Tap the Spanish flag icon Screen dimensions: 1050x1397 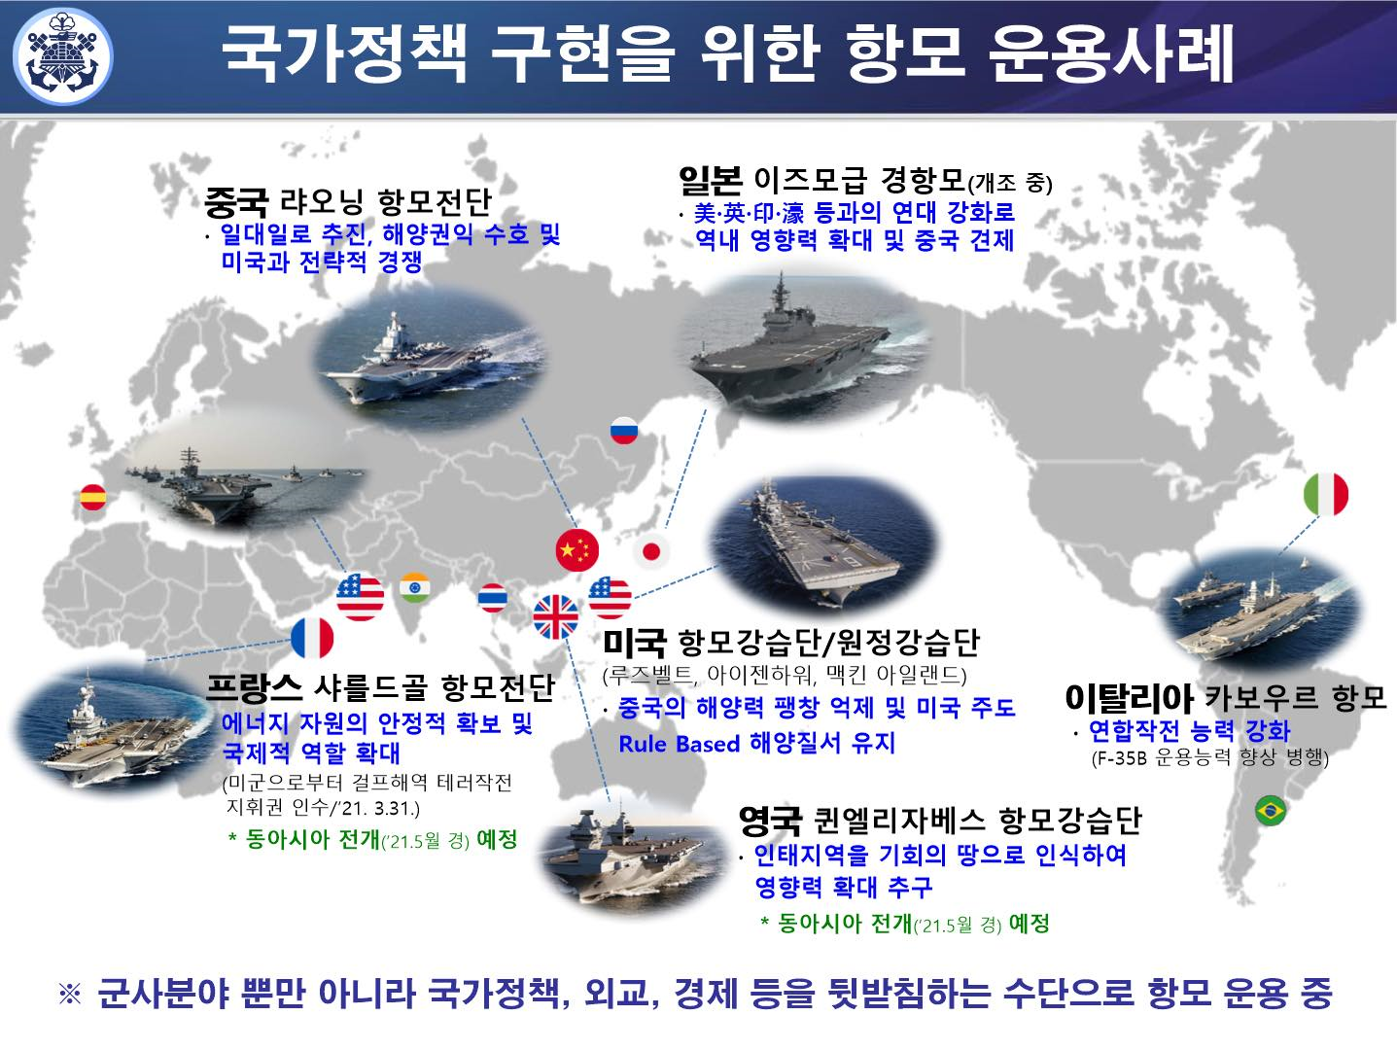(93, 498)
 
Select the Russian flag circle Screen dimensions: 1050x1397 (623, 431)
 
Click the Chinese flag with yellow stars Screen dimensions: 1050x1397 (577, 550)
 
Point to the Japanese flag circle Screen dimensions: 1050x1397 (650, 551)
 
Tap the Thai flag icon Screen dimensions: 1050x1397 (493, 597)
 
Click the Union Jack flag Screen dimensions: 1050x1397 (556, 616)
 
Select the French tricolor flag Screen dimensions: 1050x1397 (312, 639)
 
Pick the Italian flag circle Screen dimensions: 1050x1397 (1325, 494)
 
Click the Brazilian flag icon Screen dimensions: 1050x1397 (1269, 810)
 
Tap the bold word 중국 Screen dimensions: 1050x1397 (235, 202)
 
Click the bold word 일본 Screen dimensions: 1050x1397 (710, 180)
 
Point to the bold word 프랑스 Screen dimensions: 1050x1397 (255, 687)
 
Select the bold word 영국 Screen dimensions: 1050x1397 (769, 821)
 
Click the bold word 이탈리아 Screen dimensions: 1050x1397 (1128, 697)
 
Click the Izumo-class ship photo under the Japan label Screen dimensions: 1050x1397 (792, 340)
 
